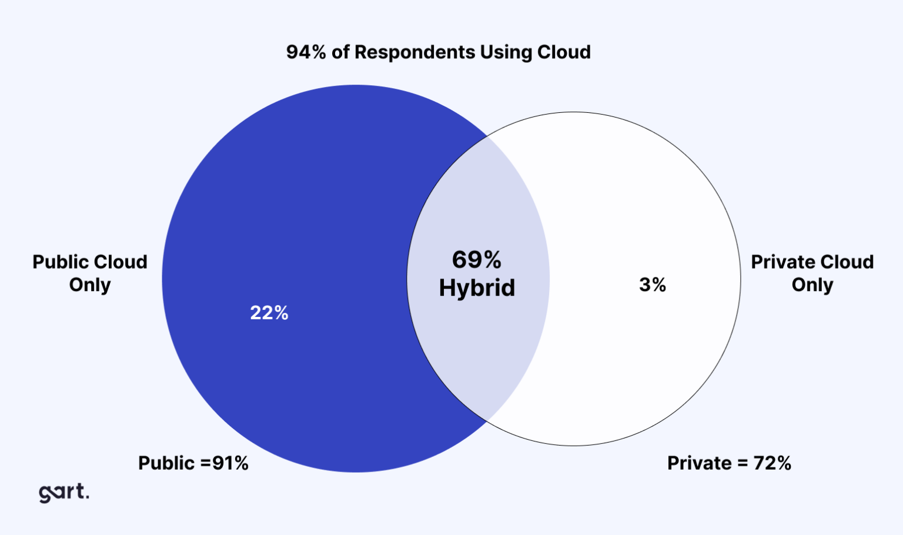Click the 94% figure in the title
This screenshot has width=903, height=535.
tap(306, 52)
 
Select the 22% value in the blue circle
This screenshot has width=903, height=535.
tap(269, 313)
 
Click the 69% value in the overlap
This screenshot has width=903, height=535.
tap(477, 260)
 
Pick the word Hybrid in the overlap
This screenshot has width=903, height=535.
tap(477, 288)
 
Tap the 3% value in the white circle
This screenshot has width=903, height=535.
tap(653, 285)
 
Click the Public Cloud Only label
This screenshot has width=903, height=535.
tap(90, 273)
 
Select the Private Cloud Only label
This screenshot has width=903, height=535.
tap(812, 273)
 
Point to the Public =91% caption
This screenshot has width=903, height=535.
tap(193, 463)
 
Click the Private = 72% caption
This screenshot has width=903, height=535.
tap(729, 463)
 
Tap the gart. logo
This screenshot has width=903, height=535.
tap(64, 492)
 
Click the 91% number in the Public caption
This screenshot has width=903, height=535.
tap(230, 463)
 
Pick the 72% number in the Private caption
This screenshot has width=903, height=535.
tap(772, 463)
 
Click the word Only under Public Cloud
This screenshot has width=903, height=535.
tap(90, 285)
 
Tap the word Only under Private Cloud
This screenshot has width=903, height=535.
tap(812, 285)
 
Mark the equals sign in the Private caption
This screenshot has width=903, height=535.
tap(743, 464)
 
